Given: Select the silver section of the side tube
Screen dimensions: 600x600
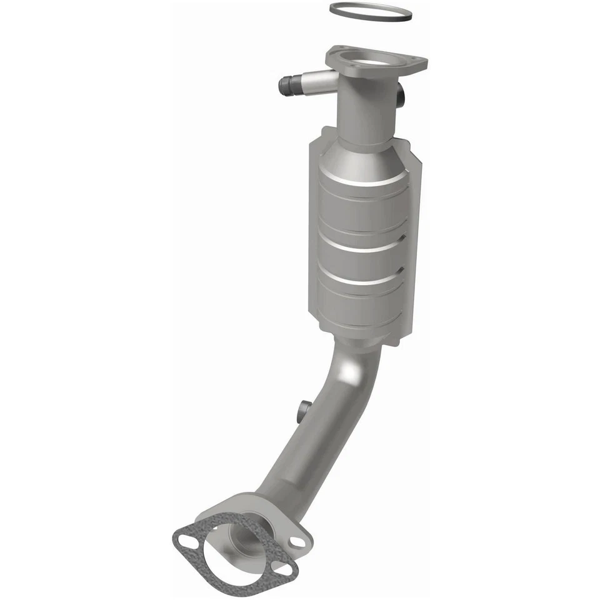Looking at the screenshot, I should coord(315,81).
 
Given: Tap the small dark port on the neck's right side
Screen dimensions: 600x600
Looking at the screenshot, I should coord(401,95).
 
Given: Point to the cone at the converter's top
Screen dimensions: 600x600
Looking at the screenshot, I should coord(363,154).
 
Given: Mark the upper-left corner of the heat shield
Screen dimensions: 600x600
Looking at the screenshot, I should coord(322,131).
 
